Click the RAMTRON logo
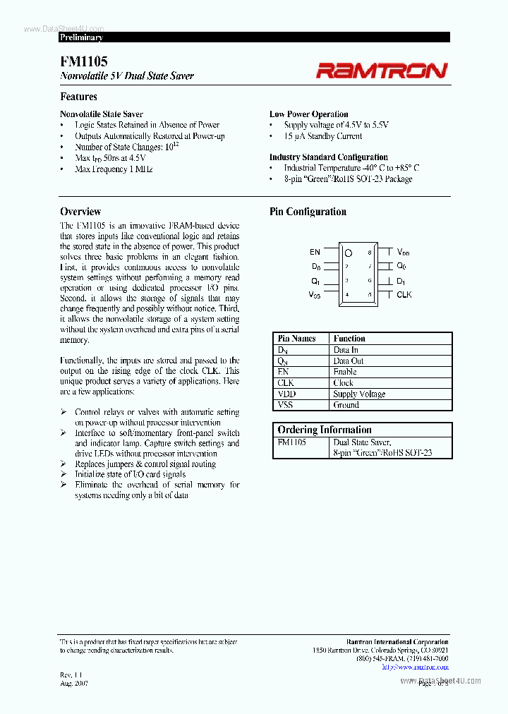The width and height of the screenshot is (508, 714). (381, 70)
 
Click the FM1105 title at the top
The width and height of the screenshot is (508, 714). (83, 62)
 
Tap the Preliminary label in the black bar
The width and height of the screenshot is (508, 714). (81, 37)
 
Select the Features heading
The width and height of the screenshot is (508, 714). (78, 97)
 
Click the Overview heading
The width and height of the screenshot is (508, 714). (80, 212)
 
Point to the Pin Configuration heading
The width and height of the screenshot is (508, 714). (308, 212)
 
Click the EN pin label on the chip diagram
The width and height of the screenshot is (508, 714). (315, 252)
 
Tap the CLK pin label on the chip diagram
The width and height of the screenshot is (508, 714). (404, 295)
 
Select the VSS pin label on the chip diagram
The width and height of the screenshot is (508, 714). (314, 296)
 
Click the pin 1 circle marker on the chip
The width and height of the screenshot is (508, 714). (348, 252)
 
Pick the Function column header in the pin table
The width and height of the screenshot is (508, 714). (349, 339)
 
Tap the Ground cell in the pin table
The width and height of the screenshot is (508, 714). (346, 405)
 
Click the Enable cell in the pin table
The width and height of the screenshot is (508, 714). (345, 372)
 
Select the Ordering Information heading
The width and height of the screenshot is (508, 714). (324, 430)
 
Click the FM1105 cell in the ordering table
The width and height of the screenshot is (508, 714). (291, 442)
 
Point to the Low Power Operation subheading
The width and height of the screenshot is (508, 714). (308, 114)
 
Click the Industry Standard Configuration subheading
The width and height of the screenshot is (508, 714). (328, 157)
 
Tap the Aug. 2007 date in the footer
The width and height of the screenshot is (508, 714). (74, 684)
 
